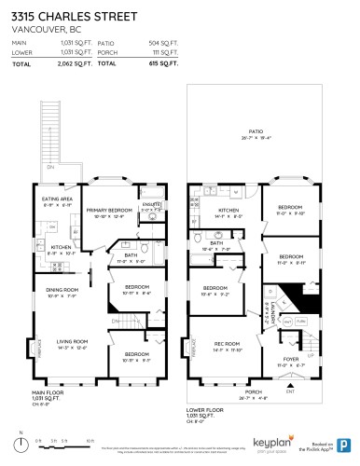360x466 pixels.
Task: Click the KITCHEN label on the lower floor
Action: tap(228, 211)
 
